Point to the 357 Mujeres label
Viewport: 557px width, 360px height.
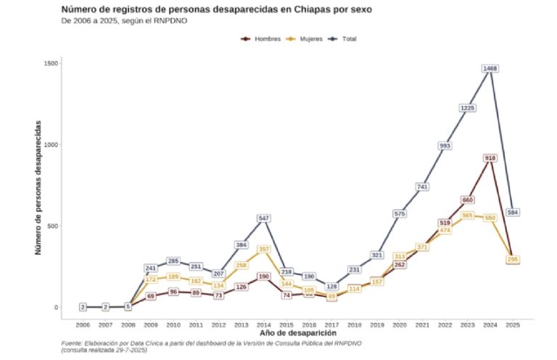pos(264,249)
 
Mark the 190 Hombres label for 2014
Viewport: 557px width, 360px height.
pos(264,277)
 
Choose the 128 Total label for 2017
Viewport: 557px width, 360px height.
pos(332,287)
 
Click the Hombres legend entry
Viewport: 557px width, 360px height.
pos(257,38)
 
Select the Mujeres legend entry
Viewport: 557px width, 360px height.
pos(304,38)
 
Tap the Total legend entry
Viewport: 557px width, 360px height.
pos(344,38)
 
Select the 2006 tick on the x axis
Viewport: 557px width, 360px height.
pos(83,324)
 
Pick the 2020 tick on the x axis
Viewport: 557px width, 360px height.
pos(400,324)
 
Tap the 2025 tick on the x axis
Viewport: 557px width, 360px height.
pos(512,324)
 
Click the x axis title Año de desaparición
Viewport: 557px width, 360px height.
pos(297,333)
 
